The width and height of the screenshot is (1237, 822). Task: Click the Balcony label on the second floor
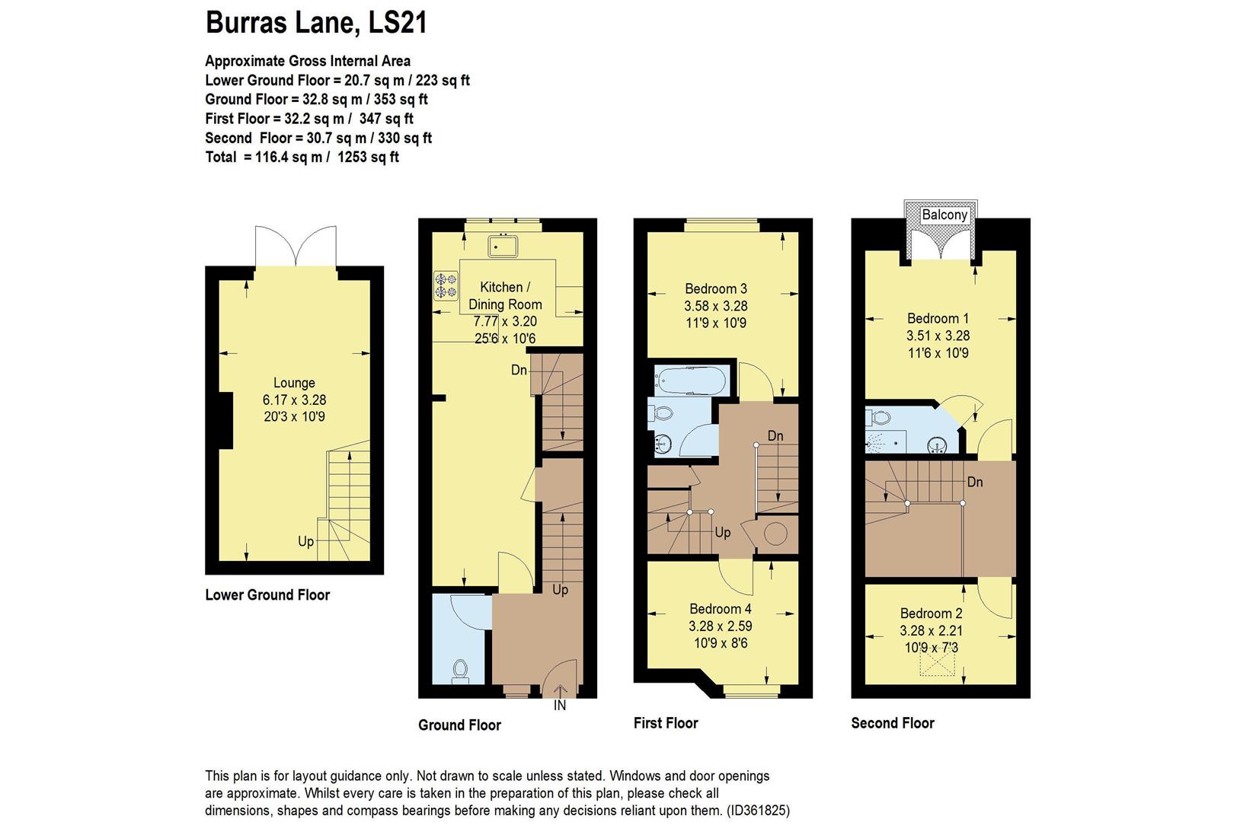coord(945,215)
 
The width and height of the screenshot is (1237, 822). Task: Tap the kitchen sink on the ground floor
coord(503,247)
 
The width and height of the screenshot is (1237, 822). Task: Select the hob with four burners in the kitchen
coord(446,285)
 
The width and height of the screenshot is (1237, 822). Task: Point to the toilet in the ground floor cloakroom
coord(459,669)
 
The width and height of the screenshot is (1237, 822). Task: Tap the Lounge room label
coord(294,383)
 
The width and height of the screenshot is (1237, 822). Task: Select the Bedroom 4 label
coord(720,609)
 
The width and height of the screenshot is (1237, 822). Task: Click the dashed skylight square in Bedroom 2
coord(938,664)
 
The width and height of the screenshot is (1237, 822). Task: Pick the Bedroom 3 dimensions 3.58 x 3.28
coord(715,306)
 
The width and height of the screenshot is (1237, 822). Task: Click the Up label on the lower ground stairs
coord(305,541)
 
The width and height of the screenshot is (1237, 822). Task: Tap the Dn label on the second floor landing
coord(975,482)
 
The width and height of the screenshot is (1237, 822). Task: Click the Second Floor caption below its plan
coord(892,723)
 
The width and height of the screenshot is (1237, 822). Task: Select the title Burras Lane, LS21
coord(316,23)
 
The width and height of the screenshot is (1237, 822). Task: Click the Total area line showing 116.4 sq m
coord(302,158)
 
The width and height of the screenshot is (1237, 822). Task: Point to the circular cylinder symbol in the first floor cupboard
coord(775,534)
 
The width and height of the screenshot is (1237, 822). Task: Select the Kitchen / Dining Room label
coord(505,295)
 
